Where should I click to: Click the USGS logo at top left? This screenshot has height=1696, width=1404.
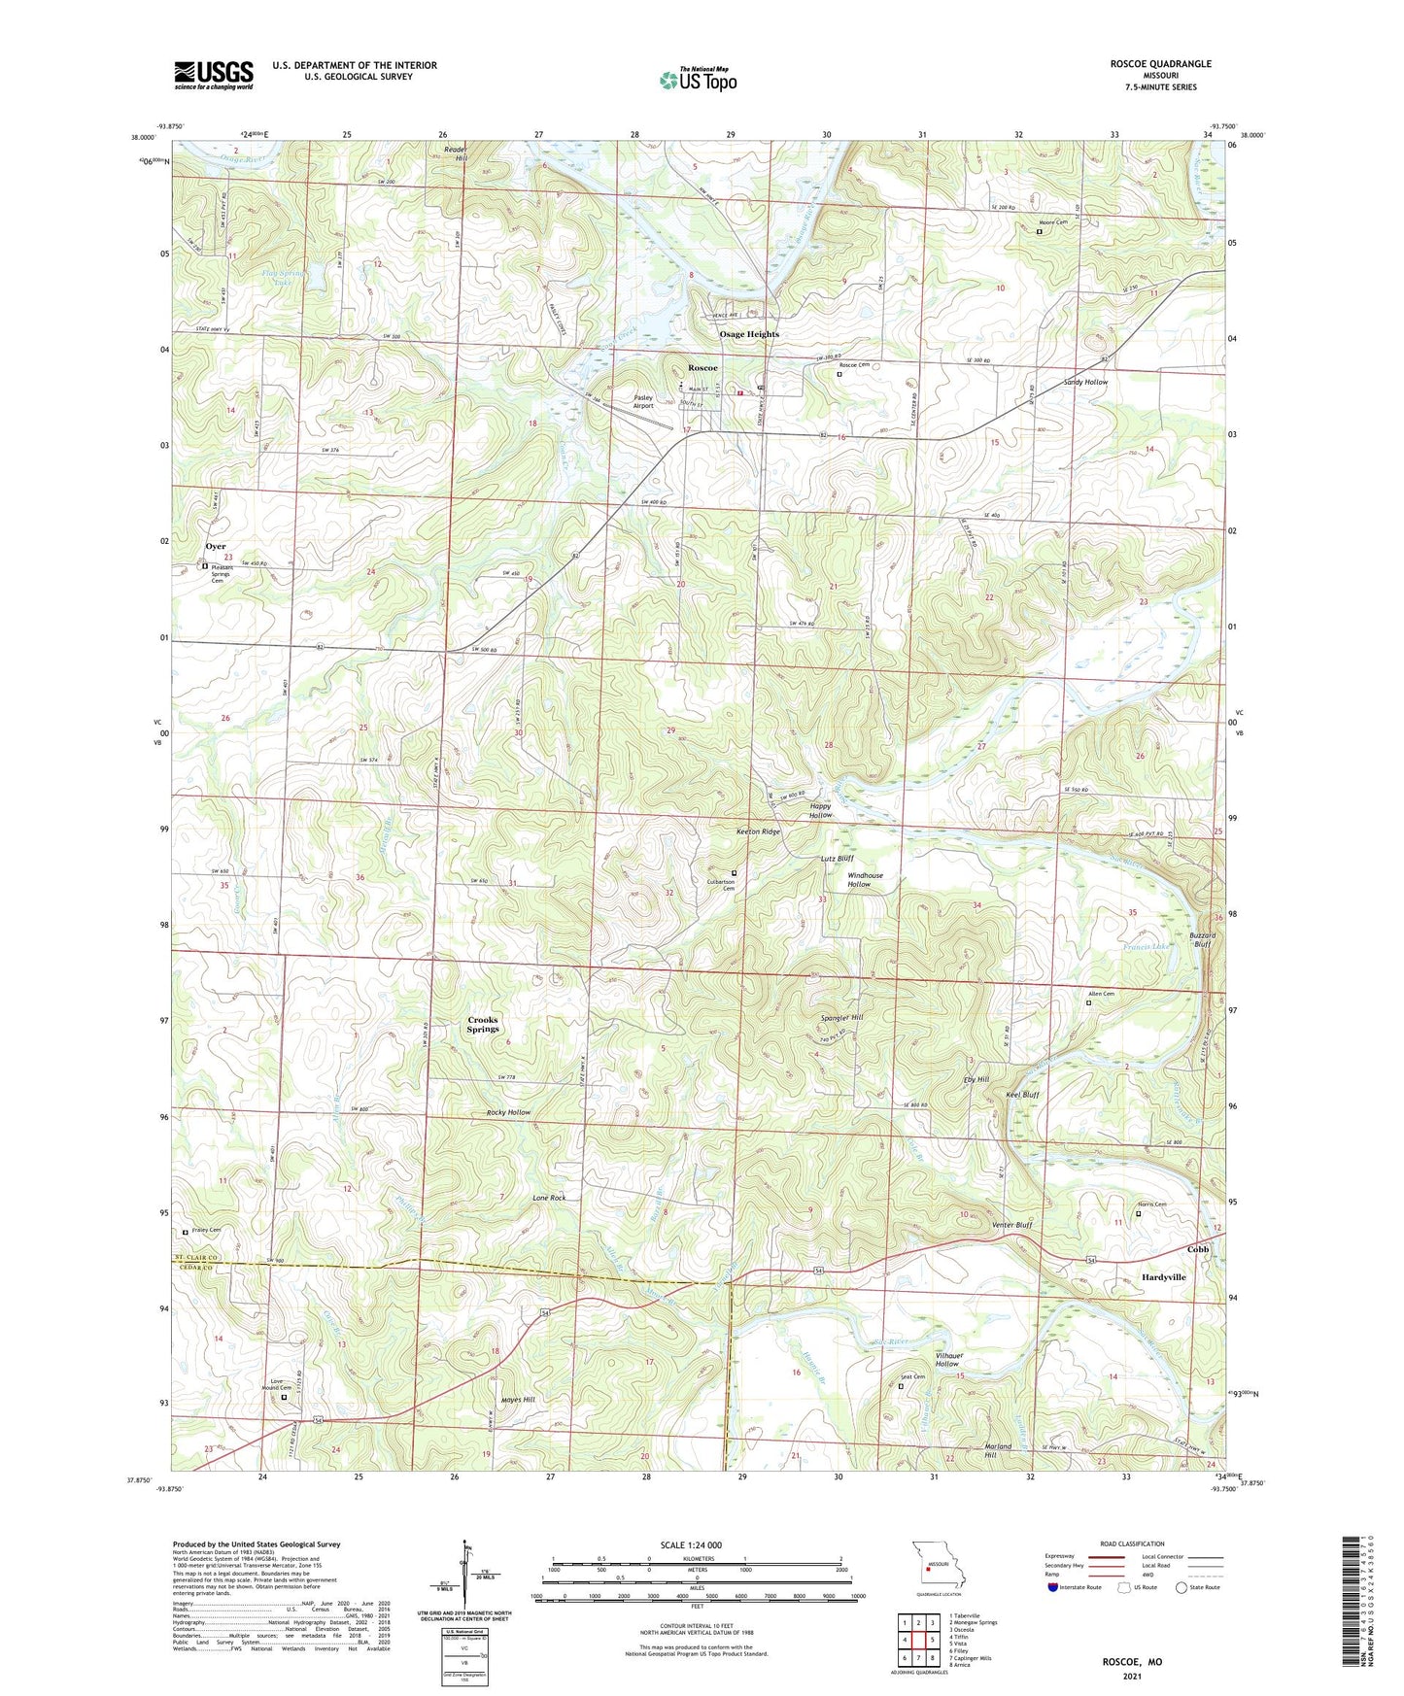[213, 75]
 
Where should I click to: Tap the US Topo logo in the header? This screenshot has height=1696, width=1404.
[698, 79]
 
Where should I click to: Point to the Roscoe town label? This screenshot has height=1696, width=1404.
[702, 368]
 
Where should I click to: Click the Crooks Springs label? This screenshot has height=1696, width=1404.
[482, 1024]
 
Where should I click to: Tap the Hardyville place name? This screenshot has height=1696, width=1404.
[1163, 1277]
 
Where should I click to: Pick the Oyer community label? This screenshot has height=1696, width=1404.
[215, 547]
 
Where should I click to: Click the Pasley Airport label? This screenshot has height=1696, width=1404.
[642, 401]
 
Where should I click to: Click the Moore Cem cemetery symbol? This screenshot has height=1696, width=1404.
[1039, 231]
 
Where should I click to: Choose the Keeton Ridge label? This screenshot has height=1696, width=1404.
[758, 831]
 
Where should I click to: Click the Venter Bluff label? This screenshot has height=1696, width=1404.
[1011, 1225]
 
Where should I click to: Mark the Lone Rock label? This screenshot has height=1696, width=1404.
[549, 1198]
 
